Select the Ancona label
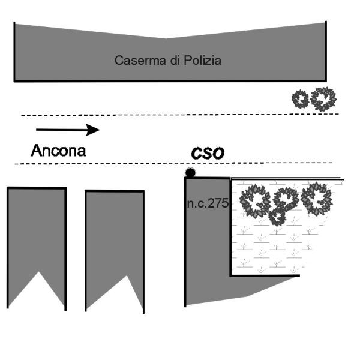[x=58, y=150]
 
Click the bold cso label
[x=208, y=153]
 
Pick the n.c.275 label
[x=207, y=203]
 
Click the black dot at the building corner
[x=190, y=173]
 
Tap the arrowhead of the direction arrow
[x=92, y=130]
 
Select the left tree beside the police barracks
[x=300, y=99]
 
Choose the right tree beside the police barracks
[x=323, y=98]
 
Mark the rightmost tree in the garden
[x=317, y=199]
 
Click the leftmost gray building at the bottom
[x=36, y=234]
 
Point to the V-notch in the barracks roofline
[x=166, y=38]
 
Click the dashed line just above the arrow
[x=180, y=114]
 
